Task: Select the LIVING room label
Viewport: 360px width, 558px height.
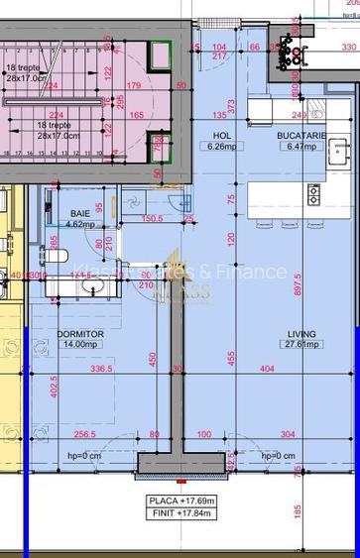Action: tap(301, 334)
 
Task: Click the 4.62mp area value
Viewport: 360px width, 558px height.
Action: tap(79, 224)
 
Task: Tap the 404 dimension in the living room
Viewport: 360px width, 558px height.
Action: tap(267, 369)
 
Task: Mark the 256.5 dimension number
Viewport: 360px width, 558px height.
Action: tap(83, 434)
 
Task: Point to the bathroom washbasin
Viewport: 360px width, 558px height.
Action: tap(96, 287)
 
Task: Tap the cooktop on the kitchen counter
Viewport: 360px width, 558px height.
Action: tap(313, 193)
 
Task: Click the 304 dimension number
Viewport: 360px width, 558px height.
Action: tap(287, 434)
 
